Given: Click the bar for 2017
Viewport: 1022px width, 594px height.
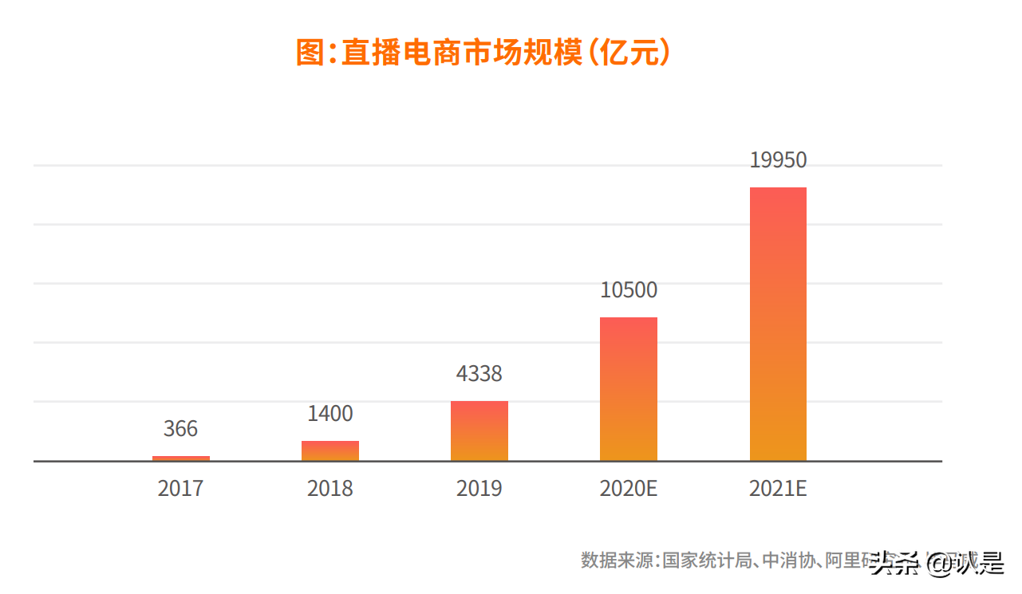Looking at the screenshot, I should [181, 458].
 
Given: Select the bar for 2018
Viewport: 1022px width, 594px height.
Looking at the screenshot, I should [330, 451].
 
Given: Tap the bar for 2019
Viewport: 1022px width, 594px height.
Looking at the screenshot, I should [479, 431].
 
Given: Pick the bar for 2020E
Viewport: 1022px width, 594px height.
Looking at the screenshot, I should [629, 389].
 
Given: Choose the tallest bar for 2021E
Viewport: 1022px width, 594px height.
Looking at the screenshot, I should [778, 325].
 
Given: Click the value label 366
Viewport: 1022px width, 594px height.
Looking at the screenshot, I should [181, 429].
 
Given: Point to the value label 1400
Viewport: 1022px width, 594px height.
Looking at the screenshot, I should [330, 414].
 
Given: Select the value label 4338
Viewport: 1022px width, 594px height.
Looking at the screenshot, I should [479, 374].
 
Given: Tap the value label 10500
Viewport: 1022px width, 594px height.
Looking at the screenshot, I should [629, 290].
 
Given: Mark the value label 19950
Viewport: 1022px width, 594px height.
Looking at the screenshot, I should [778, 160].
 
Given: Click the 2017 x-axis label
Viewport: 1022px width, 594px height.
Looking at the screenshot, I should [181, 488].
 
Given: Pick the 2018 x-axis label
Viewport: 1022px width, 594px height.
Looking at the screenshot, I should [330, 488].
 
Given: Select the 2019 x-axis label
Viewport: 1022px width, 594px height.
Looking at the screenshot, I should [479, 488].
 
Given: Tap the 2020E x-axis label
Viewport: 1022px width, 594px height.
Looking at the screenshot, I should [629, 488].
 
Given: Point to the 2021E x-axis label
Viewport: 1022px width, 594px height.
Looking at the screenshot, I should [778, 488].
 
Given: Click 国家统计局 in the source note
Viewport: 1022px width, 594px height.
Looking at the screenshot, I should [707, 560].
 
